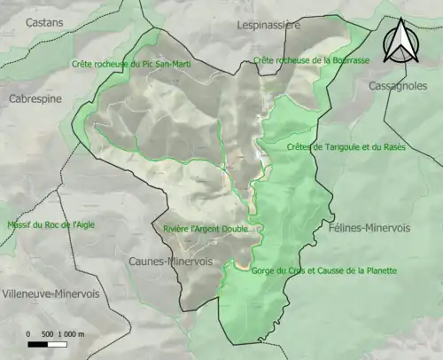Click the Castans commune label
pos(44,20)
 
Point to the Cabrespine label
pos(31,100)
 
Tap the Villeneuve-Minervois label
pos(50,293)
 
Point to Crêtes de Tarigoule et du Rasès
pos(346,146)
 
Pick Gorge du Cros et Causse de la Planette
pos(323,270)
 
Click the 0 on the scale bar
pos(29,334)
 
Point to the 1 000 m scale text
pos(72,334)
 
